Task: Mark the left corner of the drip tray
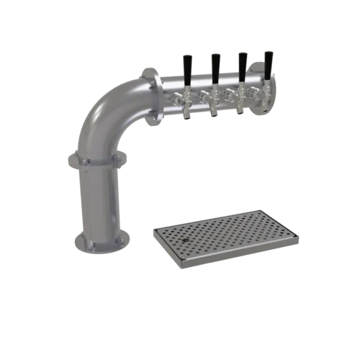pos(153,230)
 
